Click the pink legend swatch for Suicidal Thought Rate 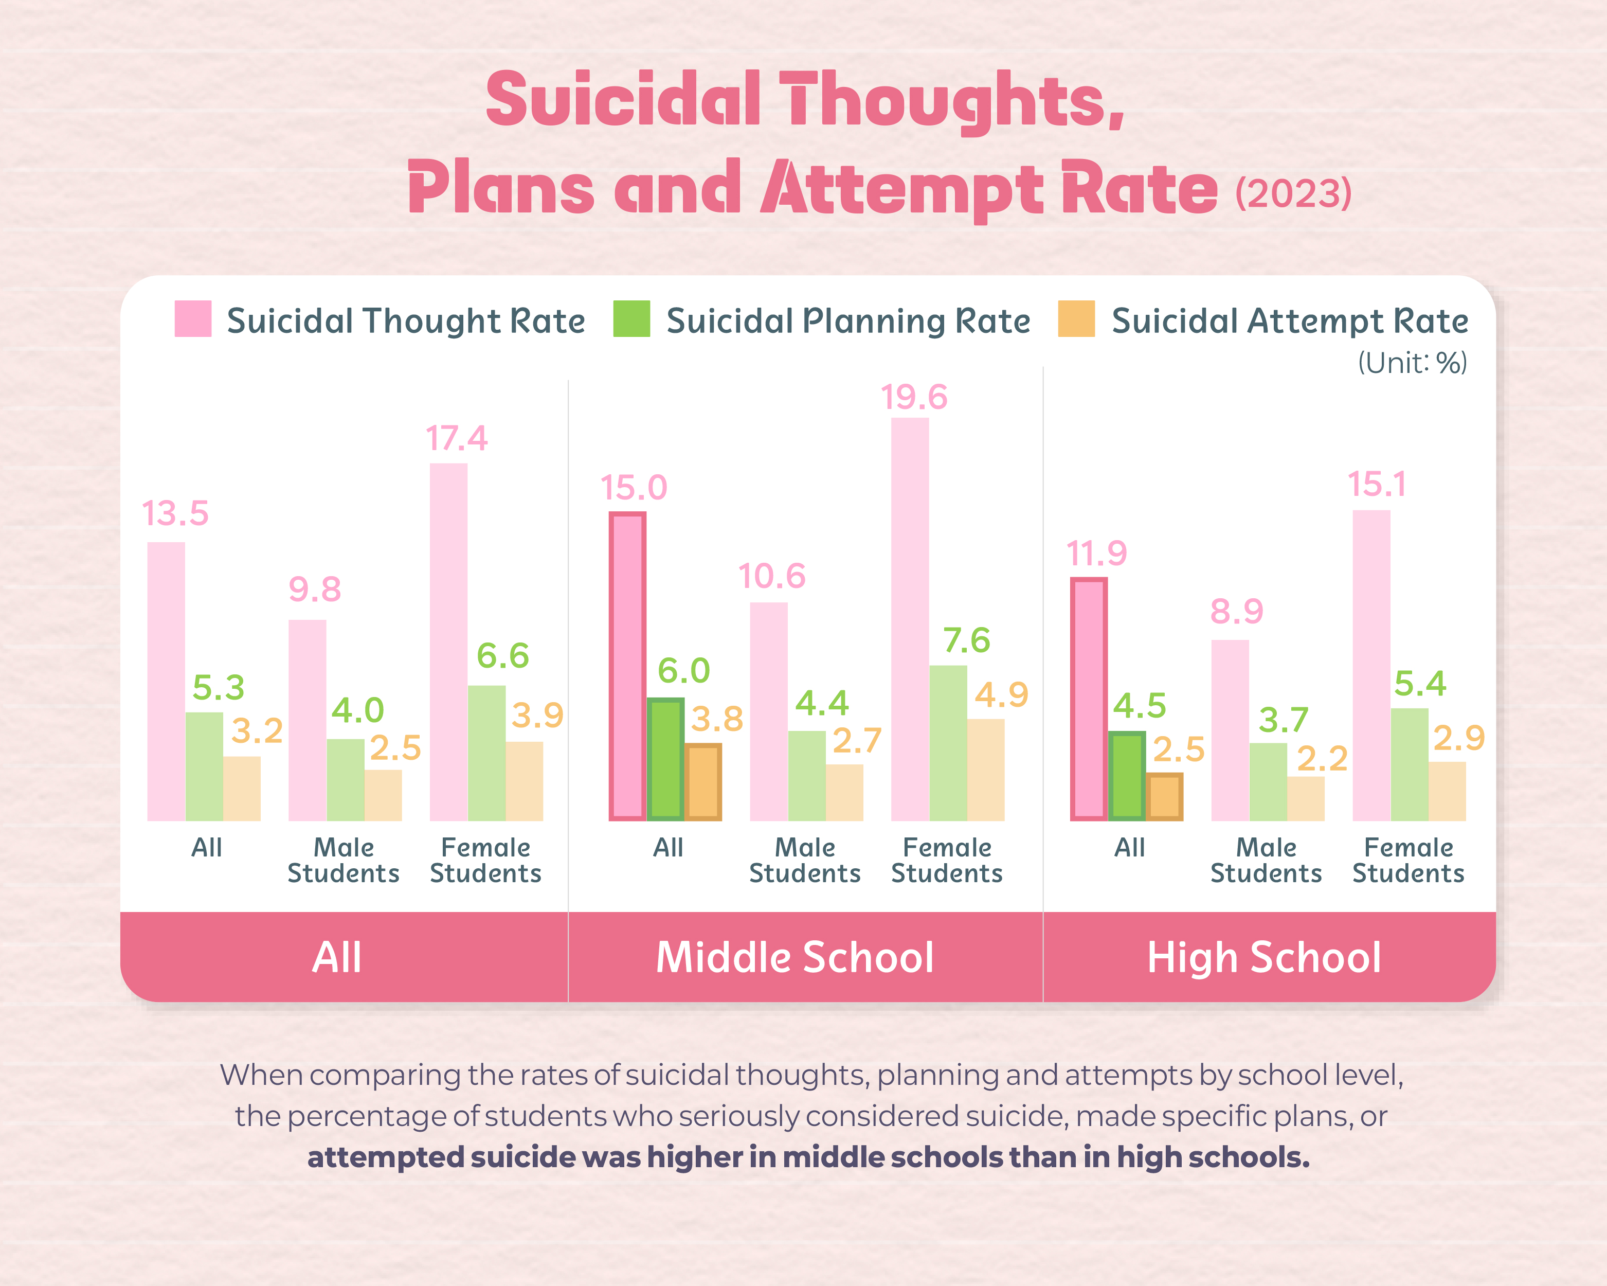click(x=192, y=319)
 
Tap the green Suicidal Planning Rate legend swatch click(x=631, y=319)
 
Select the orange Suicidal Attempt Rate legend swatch click(x=1076, y=319)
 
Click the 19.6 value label click(x=914, y=397)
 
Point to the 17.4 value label click(x=456, y=438)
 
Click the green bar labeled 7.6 click(x=948, y=742)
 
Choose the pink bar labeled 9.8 click(x=307, y=720)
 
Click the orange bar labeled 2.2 click(x=1306, y=798)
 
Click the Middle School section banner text click(x=795, y=957)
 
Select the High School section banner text click(x=1264, y=957)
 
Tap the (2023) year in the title click(x=1293, y=194)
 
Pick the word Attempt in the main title click(x=902, y=189)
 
